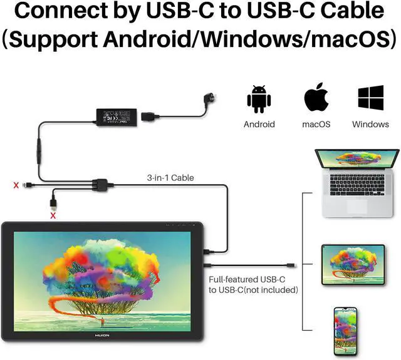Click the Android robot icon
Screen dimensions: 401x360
coord(259,100)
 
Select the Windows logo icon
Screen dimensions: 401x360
coord(370,99)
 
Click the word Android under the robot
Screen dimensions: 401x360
coord(259,124)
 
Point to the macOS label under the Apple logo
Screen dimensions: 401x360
coord(317,124)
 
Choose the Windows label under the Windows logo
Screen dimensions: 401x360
coord(370,124)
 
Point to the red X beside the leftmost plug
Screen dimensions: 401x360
coord(15,185)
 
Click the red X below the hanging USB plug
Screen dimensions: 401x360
coord(53,216)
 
